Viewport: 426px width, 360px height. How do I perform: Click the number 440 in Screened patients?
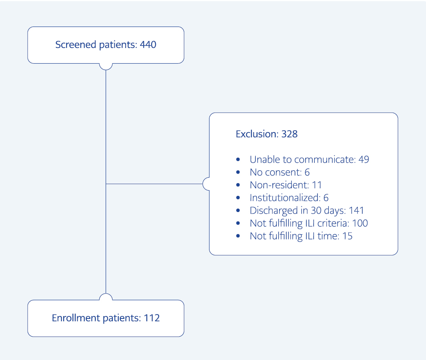point(148,45)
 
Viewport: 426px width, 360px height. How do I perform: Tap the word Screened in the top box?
point(76,45)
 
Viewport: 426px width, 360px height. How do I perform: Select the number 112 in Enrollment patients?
point(152,318)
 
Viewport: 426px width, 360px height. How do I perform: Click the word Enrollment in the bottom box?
point(76,318)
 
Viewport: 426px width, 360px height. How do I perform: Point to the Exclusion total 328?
point(289,134)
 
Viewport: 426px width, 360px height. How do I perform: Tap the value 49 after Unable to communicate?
point(364,160)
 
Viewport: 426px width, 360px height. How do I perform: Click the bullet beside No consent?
point(238,172)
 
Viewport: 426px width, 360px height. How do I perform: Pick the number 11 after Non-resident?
point(317,185)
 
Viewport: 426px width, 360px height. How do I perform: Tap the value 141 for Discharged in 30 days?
point(356,211)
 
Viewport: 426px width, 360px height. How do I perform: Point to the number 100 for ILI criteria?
point(360,224)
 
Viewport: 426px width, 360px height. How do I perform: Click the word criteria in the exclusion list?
point(333,224)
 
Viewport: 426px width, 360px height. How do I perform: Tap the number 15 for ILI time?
point(348,236)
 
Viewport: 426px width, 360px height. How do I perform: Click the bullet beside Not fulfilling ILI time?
point(238,236)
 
